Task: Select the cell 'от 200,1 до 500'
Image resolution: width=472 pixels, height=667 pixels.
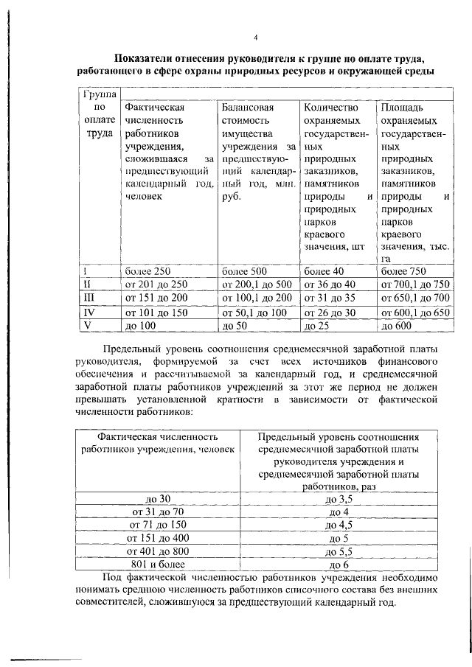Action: [257, 284]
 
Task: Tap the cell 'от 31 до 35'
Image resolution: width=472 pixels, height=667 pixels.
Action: [330, 298]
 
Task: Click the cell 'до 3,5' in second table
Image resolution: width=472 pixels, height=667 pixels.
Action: [339, 499]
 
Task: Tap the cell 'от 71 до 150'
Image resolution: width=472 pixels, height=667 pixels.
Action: [159, 525]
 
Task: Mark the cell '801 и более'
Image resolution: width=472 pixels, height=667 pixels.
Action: [159, 565]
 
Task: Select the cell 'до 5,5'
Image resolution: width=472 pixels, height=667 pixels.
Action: [339, 551]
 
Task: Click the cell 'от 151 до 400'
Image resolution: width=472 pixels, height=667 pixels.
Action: [159, 538]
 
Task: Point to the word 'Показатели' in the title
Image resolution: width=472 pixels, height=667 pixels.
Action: [149, 57]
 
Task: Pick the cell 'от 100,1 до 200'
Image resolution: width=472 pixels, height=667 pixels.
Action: [257, 298]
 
